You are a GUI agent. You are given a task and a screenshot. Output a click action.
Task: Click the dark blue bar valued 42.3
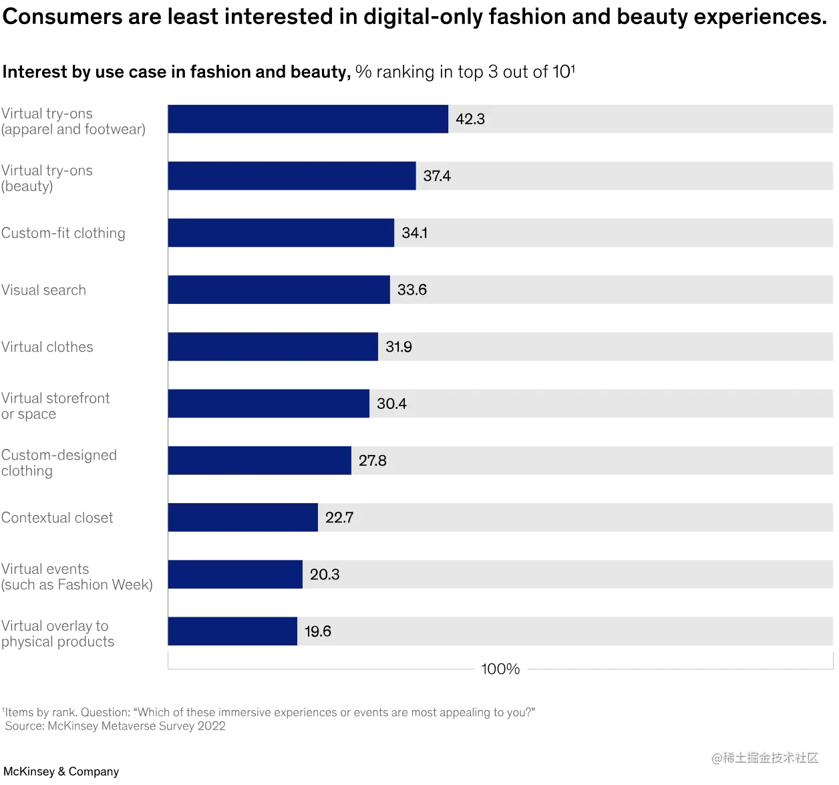[308, 118]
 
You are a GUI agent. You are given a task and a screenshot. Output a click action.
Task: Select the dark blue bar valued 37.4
[292, 176]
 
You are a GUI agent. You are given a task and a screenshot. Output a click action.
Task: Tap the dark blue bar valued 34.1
[281, 232]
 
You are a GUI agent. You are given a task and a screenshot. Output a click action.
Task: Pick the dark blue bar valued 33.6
[279, 289]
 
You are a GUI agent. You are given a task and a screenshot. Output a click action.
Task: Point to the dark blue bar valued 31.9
[273, 347]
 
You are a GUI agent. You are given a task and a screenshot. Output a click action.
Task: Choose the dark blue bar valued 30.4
[269, 404]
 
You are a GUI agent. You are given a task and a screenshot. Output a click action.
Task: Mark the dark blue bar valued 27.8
[260, 460]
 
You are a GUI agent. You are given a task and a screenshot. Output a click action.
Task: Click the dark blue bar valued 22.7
[243, 517]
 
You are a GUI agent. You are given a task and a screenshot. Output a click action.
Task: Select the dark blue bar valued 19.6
[232, 631]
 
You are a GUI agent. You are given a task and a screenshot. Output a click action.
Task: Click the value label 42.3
[470, 119]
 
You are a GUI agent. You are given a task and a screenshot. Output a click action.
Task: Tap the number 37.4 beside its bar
[437, 176]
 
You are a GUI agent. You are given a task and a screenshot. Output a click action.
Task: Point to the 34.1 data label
[415, 232]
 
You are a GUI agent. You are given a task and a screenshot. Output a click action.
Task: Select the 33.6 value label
[411, 289]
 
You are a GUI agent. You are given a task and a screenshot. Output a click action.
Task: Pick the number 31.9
[399, 347]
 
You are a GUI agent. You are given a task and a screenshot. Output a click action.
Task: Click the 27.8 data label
[373, 460]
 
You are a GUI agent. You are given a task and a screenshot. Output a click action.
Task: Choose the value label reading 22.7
[339, 517]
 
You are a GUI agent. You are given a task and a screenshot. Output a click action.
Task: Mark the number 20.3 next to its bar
[325, 575]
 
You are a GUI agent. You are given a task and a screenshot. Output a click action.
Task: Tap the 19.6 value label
[318, 631]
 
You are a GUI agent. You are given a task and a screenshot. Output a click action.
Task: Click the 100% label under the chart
[500, 669]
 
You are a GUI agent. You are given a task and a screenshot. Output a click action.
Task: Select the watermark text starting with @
[764, 756]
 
